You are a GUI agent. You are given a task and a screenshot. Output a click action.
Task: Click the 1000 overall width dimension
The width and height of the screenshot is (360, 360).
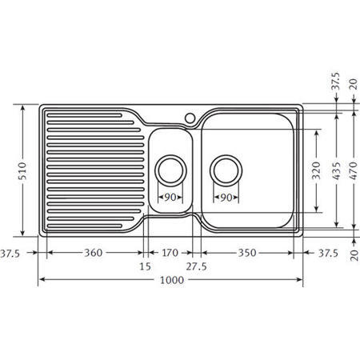point(172,280)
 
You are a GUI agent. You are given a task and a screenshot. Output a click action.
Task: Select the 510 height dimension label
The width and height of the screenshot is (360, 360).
point(22,170)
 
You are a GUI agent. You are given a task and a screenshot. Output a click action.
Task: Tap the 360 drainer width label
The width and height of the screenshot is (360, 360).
point(94,253)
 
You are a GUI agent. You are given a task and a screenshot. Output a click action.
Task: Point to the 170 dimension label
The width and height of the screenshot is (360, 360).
point(170,253)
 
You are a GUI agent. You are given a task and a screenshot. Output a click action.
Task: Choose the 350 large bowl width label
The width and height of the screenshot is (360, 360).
point(247,253)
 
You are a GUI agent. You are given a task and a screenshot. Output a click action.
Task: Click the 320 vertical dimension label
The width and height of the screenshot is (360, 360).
point(317,170)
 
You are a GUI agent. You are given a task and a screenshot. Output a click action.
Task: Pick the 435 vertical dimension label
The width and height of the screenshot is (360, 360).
point(337,170)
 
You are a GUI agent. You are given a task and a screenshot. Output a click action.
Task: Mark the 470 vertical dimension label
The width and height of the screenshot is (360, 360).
point(354,170)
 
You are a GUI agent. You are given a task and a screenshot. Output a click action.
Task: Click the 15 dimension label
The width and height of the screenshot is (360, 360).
point(145,266)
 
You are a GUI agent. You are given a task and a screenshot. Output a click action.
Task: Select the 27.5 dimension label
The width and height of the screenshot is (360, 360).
point(196,266)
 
